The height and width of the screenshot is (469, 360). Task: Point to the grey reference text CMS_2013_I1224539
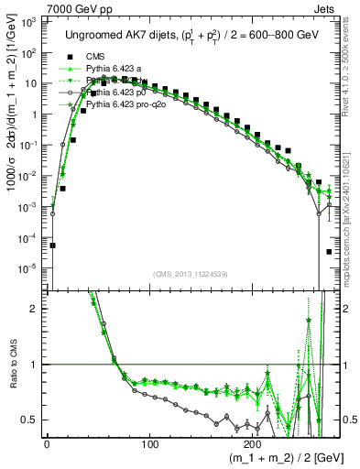pyautogui.click(x=191, y=273)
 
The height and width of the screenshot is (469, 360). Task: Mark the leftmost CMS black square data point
pyautogui.click(x=52, y=245)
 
